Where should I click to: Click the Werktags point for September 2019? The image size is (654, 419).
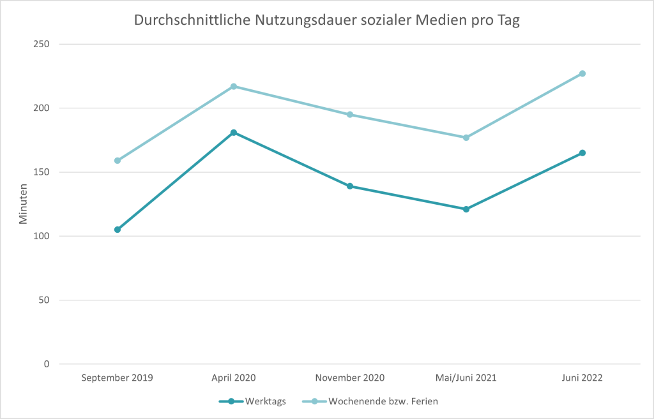118,230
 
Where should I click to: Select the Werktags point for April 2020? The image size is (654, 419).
234,133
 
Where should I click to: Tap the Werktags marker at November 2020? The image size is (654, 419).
350,186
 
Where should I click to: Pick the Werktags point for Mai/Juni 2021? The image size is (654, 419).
466,209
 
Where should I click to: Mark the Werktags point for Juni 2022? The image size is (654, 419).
582,153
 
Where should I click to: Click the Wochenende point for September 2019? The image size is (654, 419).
118,161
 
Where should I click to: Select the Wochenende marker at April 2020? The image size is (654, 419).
234,86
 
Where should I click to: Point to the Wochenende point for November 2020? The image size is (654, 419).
350,115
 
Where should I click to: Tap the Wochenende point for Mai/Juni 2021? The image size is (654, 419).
466,138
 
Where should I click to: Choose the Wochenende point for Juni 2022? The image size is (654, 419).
582,73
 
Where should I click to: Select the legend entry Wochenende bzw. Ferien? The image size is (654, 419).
383,402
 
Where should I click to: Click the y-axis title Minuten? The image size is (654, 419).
24,204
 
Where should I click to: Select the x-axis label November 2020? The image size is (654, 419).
350,378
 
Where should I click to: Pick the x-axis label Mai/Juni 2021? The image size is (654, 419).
466,378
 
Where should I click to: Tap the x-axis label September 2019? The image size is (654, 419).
118,378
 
